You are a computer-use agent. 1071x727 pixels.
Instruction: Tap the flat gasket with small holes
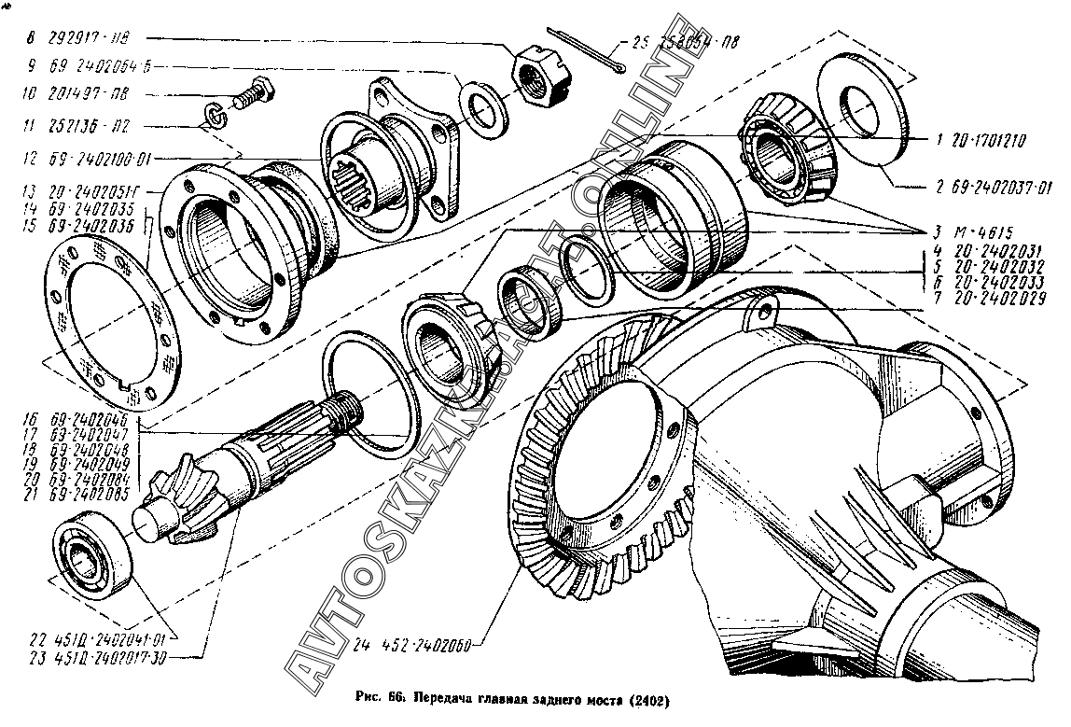pos(104,322)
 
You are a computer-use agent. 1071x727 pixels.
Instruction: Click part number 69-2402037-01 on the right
pos(993,186)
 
